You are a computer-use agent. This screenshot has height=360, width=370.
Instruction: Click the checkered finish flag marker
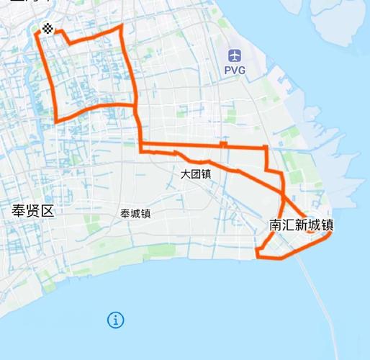(x=48, y=29)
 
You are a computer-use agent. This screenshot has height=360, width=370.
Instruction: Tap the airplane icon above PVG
(x=235, y=55)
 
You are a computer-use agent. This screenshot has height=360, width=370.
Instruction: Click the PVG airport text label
(x=235, y=71)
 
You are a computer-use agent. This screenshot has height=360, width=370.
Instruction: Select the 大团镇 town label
(x=195, y=174)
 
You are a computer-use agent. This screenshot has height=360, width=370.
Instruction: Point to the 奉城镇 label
(x=135, y=213)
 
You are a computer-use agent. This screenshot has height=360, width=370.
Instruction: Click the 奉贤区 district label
(x=33, y=211)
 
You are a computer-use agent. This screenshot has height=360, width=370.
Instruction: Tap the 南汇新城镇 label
(x=301, y=225)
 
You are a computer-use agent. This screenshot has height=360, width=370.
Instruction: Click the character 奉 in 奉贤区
(x=18, y=211)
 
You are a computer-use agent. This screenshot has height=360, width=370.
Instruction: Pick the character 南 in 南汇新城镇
(x=276, y=225)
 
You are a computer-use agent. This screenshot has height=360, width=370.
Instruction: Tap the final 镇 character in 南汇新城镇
(x=327, y=225)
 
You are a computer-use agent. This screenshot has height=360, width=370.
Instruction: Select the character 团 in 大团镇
(x=195, y=174)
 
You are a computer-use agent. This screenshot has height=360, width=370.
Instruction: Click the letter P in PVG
(x=227, y=71)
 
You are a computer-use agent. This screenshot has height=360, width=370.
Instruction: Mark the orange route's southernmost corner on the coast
(x=258, y=253)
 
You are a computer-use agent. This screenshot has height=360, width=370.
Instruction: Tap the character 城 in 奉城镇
(x=135, y=213)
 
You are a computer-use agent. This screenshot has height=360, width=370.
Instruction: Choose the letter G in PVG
(x=243, y=71)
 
